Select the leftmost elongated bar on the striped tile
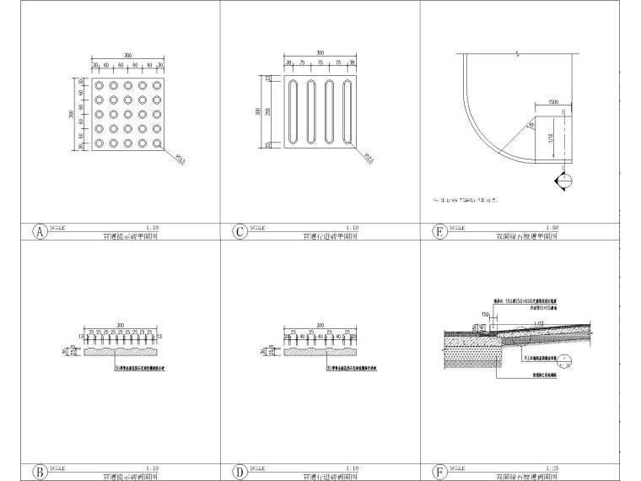[294, 112]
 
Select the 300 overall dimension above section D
[319, 325]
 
